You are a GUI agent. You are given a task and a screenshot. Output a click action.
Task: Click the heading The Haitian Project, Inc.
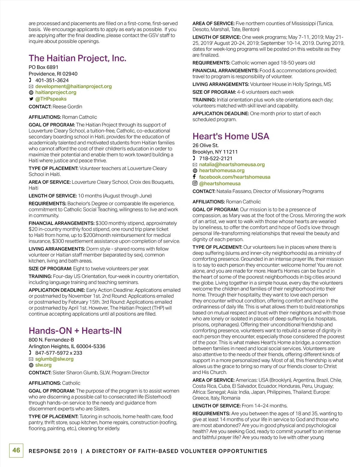click(x=77, y=58)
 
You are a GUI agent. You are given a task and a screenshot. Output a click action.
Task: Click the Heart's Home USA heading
click(x=231, y=136)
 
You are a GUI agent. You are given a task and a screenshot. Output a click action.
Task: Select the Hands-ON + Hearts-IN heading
click(x=75, y=331)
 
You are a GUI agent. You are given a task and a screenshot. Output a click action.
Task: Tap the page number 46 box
click(x=16, y=450)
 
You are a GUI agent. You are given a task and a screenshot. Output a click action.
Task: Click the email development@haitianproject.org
click(x=73, y=86)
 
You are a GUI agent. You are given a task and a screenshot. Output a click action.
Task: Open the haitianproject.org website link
click(x=56, y=92)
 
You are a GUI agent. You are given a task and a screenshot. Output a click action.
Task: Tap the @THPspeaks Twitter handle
click(x=51, y=99)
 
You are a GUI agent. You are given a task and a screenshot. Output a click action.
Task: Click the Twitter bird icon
click(x=31, y=99)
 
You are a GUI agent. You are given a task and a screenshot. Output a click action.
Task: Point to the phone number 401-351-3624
click(x=52, y=80)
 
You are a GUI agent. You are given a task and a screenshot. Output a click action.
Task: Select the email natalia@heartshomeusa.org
click(x=232, y=164)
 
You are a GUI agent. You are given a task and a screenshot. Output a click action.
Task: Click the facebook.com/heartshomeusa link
click(x=235, y=177)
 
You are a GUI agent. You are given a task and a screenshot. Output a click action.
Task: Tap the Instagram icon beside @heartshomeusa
click(x=195, y=183)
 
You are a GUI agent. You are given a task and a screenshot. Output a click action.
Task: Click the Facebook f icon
click(x=194, y=177)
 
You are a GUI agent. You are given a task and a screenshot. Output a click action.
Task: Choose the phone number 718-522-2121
click(x=216, y=158)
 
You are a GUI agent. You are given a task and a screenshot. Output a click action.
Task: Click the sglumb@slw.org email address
click(x=54, y=359)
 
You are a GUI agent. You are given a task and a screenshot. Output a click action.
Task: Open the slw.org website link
click(x=43, y=365)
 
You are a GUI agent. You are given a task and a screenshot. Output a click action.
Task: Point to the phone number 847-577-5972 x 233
click(x=58, y=353)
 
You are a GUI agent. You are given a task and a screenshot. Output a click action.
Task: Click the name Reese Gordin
click(x=67, y=107)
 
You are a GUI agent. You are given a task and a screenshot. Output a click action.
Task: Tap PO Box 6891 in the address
click(x=43, y=67)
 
